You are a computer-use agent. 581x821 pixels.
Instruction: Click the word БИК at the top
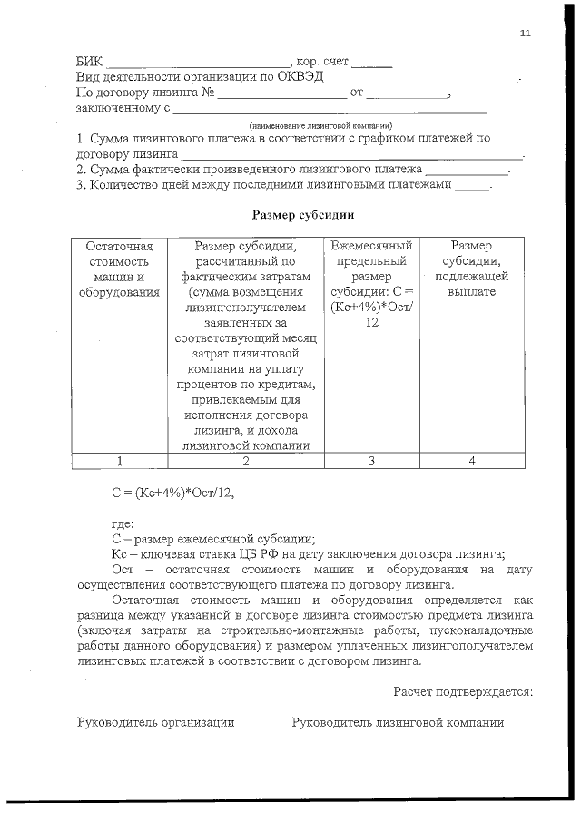[x=89, y=64]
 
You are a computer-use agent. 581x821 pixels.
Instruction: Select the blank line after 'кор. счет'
[x=371, y=64]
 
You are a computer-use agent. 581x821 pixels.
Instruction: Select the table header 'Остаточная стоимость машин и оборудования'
[x=120, y=269]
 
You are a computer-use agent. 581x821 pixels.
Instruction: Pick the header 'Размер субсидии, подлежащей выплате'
[x=471, y=269]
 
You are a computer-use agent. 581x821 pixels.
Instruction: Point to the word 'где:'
[x=123, y=523]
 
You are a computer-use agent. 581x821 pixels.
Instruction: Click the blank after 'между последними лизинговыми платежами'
[x=471, y=185]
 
